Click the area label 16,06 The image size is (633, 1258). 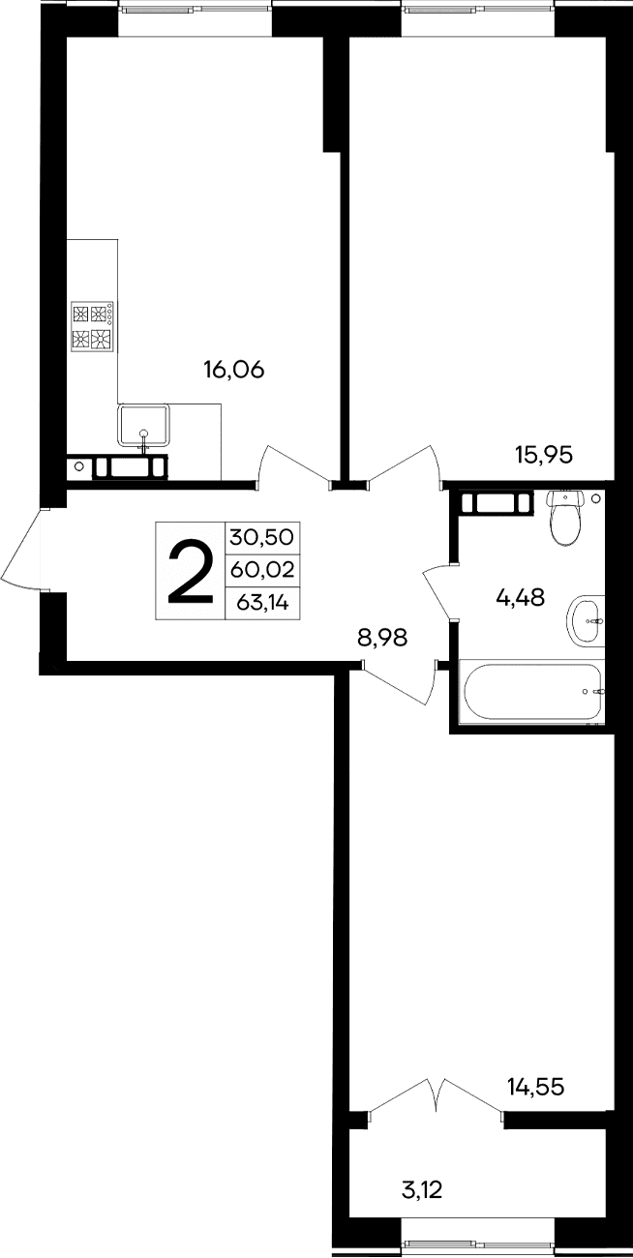click(233, 369)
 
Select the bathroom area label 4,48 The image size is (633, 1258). click(520, 598)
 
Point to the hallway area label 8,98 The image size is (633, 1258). click(382, 637)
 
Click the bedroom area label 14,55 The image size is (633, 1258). click(535, 1087)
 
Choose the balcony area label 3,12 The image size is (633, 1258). click(422, 1186)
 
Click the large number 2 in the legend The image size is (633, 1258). click(191, 571)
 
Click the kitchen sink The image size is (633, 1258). click(143, 426)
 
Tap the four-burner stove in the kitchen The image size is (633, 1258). click(93, 326)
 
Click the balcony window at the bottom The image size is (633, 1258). click(477, 1246)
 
